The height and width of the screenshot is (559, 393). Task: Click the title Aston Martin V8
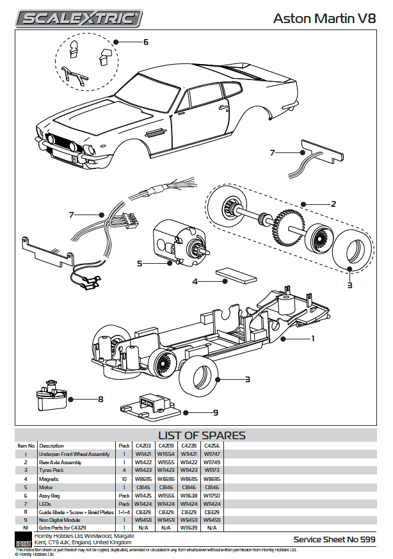(324, 19)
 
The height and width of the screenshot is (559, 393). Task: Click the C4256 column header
(212, 445)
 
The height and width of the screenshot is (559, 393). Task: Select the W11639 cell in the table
(189, 527)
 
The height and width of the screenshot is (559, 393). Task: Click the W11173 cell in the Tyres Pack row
(212, 470)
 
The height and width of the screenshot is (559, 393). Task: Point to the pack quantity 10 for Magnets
(124, 478)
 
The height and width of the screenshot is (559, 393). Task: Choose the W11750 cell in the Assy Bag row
(212, 495)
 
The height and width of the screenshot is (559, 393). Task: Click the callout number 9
(216, 413)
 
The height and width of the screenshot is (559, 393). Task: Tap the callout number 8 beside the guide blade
(100, 400)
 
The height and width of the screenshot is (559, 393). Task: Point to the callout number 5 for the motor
(140, 263)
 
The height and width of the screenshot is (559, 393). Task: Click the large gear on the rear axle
(285, 226)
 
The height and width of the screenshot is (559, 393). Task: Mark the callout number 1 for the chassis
(312, 337)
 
